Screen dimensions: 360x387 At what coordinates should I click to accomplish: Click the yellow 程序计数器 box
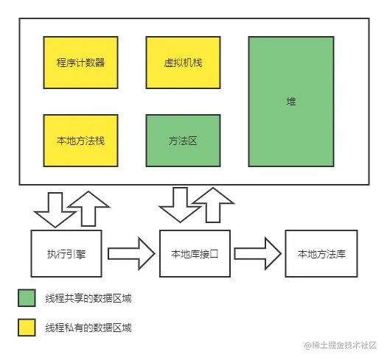point(80,62)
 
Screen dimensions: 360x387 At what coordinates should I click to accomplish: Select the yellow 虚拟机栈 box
point(183,62)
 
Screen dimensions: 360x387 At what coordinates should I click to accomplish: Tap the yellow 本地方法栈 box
point(80,140)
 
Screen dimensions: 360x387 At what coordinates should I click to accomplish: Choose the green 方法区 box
point(183,140)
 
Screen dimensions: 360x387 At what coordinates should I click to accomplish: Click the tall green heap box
point(292,101)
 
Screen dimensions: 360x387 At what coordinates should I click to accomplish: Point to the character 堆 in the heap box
point(292,101)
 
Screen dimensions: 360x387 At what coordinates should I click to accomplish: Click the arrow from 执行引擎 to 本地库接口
point(132,253)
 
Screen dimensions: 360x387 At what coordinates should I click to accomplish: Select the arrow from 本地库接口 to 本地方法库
point(259,253)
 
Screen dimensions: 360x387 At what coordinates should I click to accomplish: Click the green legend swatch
point(27,298)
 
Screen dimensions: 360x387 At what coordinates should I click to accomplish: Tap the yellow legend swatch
point(27,327)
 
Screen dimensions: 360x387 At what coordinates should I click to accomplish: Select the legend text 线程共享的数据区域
point(88,298)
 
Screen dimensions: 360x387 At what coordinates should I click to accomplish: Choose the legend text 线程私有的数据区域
point(88,327)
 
